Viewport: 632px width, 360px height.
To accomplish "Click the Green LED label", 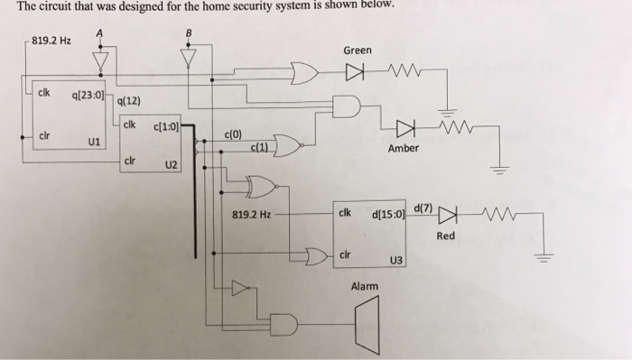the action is tap(358, 51).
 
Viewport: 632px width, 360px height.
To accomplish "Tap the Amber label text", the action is tap(403, 148).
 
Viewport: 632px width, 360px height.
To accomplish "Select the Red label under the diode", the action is tap(445, 235).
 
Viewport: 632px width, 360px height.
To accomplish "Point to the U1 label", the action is tap(94, 142).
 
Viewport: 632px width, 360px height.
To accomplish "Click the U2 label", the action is tap(172, 165).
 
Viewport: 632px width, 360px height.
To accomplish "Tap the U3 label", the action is tap(395, 261).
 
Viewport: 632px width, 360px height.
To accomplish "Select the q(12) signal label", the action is tap(128, 101).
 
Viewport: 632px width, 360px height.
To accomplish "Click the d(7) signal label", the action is tap(423, 208).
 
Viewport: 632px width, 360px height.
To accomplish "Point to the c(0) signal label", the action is tap(233, 134).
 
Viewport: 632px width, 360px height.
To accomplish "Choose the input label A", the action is tap(99, 33).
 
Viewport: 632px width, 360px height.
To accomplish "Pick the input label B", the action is tap(189, 32).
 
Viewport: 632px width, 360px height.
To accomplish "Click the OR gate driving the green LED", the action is tap(304, 73).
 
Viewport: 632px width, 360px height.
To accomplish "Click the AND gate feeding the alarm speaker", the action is tap(283, 324).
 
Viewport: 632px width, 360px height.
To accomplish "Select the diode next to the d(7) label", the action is tap(448, 215).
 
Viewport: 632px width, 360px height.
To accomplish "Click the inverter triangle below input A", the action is tap(100, 61).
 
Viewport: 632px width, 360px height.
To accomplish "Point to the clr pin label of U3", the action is tap(345, 254).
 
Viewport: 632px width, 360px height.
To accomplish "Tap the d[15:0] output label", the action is tap(387, 214).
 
